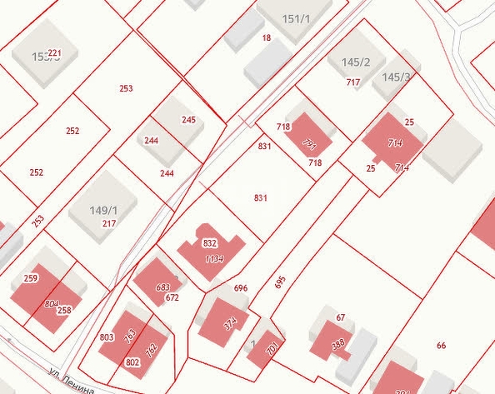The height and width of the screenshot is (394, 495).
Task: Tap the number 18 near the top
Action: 267,38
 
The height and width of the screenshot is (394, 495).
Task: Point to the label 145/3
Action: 397,77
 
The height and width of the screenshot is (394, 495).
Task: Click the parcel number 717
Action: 352,82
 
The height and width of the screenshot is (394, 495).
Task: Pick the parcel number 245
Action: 188,120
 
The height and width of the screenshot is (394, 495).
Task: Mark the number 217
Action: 109,223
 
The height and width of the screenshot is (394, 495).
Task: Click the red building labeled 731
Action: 310,144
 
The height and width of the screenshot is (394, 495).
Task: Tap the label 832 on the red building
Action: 210,243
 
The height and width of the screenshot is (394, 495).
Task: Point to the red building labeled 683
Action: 163,287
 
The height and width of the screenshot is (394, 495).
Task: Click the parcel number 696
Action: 241,288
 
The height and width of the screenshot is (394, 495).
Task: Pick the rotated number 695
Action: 280,282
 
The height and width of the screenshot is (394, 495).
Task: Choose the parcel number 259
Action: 31,278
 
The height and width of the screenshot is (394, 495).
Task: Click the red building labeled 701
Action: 272,350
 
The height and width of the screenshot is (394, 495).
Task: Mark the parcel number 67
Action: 340,317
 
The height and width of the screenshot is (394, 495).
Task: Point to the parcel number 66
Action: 441,345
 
